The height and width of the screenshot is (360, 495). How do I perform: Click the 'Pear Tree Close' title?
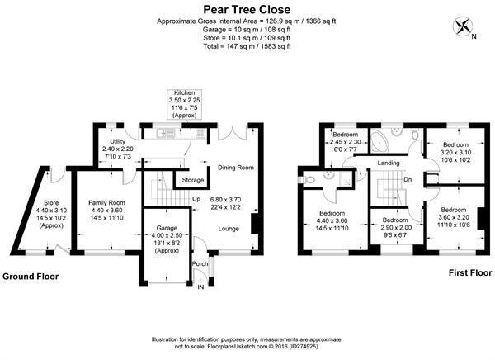pyautogui.click(x=247, y=9)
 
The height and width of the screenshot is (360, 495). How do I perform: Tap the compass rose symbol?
pyautogui.click(x=463, y=27)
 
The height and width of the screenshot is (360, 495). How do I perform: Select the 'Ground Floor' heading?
pyautogui.click(x=31, y=277)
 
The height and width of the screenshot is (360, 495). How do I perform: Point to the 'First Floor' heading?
pyautogui.click(x=470, y=272)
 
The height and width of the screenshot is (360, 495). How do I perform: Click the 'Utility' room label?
pyautogui.click(x=118, y=141)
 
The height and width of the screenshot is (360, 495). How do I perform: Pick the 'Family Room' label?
pyautogui.click(x=106, y=202)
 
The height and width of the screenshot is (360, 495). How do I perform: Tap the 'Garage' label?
pyautogui.click(x=167, y=228)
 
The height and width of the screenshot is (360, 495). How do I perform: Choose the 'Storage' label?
pyautogui.click(x=193, y=180)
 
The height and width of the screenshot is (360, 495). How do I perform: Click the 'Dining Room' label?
pyautogui.click(x=236, y=168)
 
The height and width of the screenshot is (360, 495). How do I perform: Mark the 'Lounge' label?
pyautogui.click(x=229, y=229)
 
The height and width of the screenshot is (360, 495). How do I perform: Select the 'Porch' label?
pyautogui.click(x=200, y=263)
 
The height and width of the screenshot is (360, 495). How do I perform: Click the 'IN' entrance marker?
pyautogui.click(x=200, y=287)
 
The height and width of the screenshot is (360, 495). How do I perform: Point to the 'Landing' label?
pyautogui.click(x=389, y=163)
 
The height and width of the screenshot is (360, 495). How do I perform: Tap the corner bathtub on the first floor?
pyautogui.click(x=380, y=141)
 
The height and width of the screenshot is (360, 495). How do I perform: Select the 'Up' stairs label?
pyautogui.click(x=196, y=199)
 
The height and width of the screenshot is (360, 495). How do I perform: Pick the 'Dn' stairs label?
pyautogui.click(x=408, y=179)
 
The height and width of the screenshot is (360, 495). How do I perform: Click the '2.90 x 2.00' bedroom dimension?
pyautogui.click(x=396, y=228)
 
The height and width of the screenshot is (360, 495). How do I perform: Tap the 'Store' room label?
pyautogui.click(x=51, y=202)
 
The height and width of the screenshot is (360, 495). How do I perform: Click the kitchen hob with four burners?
pyautogui.click(x=201, y=133)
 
